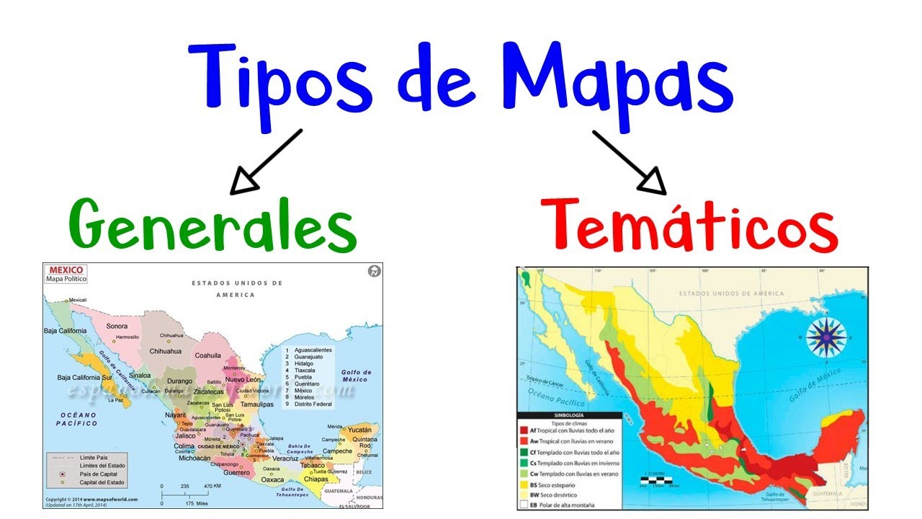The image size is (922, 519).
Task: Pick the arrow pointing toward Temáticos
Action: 630,161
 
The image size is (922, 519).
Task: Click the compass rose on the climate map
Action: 825,337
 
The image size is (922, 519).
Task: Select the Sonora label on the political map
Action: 117,326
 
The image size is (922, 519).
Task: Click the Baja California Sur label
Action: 86,378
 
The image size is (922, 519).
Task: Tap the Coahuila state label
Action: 207,355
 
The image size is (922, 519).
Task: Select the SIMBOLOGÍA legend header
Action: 570,415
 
